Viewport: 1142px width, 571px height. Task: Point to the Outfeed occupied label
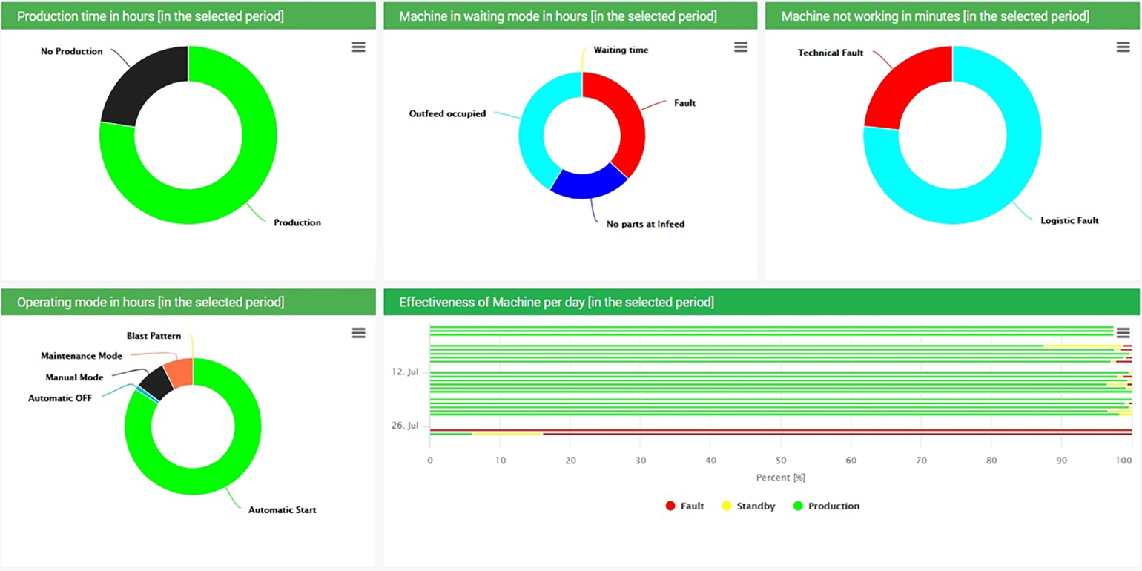click(x=447, y=113)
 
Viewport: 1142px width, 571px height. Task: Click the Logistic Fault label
click(x=1069, y=220)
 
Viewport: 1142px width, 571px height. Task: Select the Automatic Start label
click(x=282, y=510)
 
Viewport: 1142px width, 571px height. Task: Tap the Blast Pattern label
click(x=154, y=336)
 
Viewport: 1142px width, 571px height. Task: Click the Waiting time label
click(x=621, y=50)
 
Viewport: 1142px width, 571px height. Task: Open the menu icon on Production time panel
click(x=358, y=47)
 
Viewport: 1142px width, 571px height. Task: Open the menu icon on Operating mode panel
click(x=358, y=334)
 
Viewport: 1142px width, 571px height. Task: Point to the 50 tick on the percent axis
click(x=780, y=460)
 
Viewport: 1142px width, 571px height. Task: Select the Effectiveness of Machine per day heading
click(x=556, y=302)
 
